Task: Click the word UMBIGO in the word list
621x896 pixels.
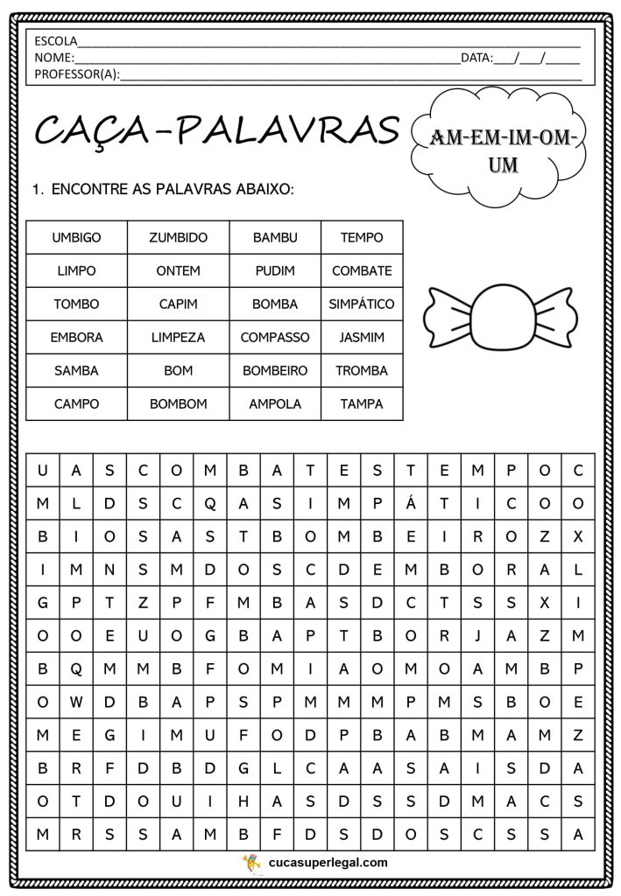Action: [76, 237]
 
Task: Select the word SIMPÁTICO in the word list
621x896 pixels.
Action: [361, 304]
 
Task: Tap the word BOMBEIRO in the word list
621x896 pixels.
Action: [275, 371]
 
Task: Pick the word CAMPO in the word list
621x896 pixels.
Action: [76, 404]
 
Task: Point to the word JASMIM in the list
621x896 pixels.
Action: [361, 338]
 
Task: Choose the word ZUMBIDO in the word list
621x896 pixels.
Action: [178, 237]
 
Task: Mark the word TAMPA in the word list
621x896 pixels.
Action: [361, 404]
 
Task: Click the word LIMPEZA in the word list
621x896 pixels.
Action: [178, 338]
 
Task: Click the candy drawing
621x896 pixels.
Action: [492, 315]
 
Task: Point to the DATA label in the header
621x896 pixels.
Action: [476, 58]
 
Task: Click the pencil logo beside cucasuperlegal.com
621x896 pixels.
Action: [251, 862]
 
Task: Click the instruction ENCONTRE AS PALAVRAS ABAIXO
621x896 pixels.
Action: [173, 188]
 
